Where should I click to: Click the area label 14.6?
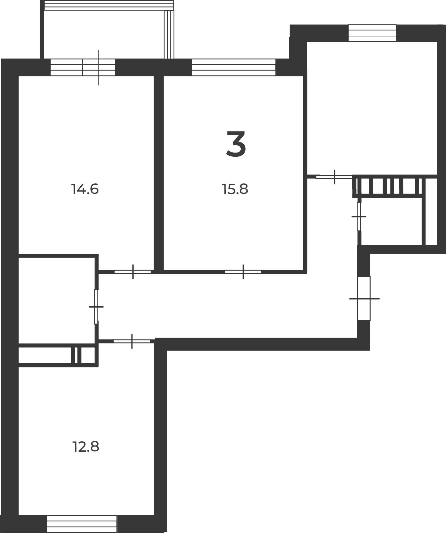tap(85, 189)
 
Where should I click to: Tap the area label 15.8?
tap(235, 189)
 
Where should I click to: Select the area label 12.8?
tap(86, 447)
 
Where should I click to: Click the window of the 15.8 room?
tap(234, 67)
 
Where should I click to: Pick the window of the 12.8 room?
tap(82, 524)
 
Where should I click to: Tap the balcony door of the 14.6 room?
tap(83, 67)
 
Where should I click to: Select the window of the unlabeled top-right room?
tap(372, 33)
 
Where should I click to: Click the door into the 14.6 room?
tap(133, 272)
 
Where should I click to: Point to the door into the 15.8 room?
tap(243, 272)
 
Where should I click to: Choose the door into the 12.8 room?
tap(132, 341)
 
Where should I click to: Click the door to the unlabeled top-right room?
tap(334, 177)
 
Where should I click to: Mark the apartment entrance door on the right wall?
tap(364, 298)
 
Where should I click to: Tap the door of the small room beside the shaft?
tap(359, 216)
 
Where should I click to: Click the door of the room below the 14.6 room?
tap(96, 307)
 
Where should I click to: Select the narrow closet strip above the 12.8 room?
tap(57, 355)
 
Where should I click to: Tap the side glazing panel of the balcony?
tap(169, 34)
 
